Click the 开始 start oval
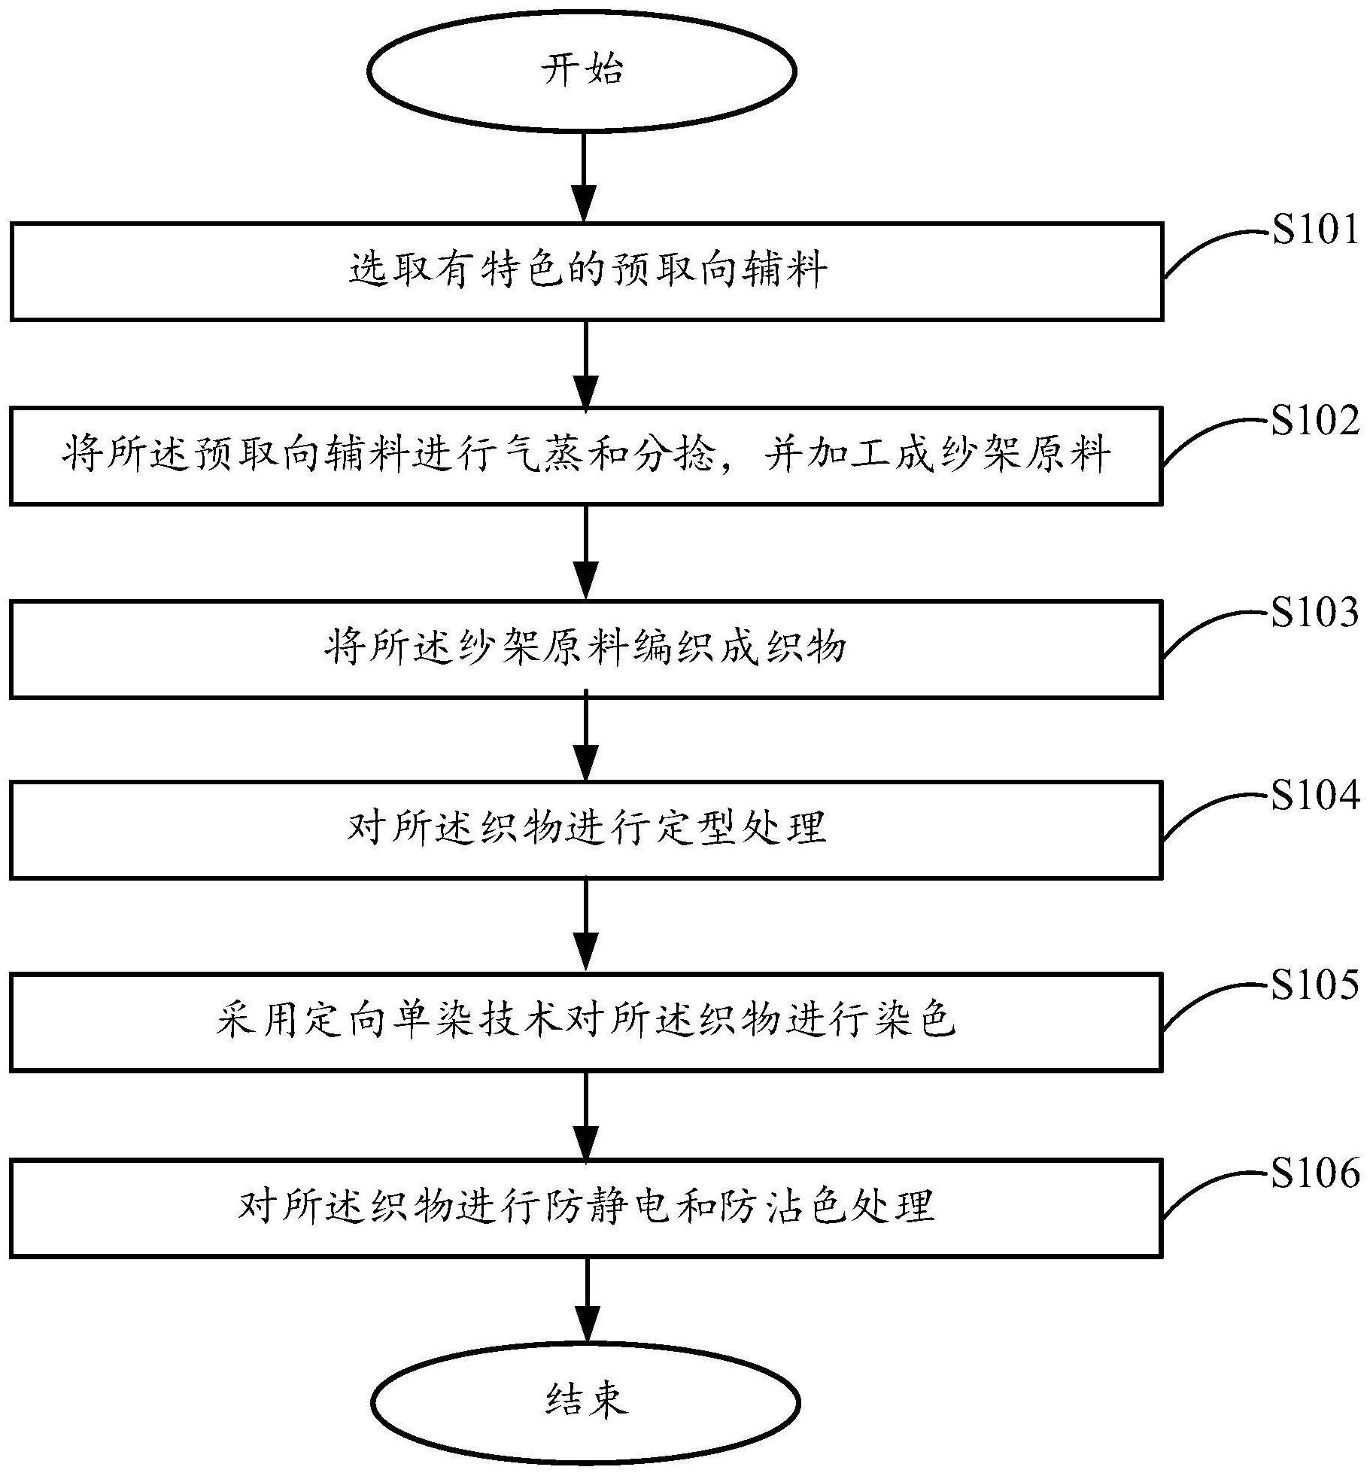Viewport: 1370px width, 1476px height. [581, 71]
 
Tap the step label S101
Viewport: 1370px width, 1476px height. [1316, 229]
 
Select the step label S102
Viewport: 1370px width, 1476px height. [1316, 420]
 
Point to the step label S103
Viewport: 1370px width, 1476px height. [1316, 612]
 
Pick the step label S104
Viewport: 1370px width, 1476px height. [1316, 795]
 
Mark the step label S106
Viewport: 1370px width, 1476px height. [1316, 1173]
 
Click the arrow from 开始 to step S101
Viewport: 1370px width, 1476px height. [585, 177]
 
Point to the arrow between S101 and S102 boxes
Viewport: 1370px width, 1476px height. [585, 364]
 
